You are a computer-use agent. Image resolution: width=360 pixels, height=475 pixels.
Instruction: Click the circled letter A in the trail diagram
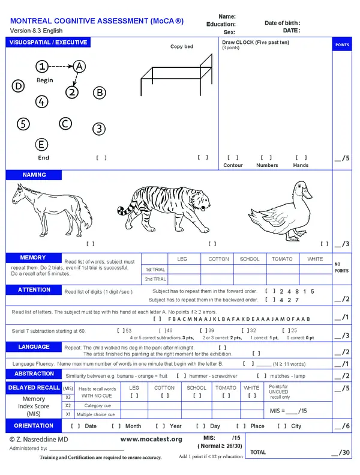pyautogui.click(x=80, y=66)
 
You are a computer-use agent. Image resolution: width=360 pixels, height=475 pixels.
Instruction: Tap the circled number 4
pyautogui.click(x=41, y=101)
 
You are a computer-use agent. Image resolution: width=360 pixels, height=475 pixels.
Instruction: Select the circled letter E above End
pyautogui.click(x=41, y=145)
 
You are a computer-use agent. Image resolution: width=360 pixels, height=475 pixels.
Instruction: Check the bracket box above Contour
pyautogui.click(x=232, y=157)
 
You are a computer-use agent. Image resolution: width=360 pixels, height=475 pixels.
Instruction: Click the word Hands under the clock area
pyautogui.click(x=301, y=165)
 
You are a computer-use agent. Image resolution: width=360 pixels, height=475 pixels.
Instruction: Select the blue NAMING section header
pyautogui.click(x=35, y=175)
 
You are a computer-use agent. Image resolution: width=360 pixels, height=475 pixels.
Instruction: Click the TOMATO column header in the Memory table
pyautogui.click(x=282, y=259)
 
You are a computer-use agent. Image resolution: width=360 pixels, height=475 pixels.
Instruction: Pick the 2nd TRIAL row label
pyautogui.click(x=155, y=279)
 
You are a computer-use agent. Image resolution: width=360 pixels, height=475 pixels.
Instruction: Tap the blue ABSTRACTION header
pyautogui.click(x=34, y=374)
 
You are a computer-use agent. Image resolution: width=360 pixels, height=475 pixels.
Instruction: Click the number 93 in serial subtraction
pyautogui.click(x=128, y=330)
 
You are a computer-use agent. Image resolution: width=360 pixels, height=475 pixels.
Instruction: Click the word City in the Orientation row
pyautogui.click(x=296, y=426)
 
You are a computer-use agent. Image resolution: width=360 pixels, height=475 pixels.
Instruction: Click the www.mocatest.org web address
pyautogui.click(x=151, y=439)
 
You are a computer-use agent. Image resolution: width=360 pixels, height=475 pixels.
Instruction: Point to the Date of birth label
pyautogui.click(x=282, y=23)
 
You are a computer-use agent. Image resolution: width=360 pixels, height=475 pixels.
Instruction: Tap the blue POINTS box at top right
pyautogui.click(x=341, y=45)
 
